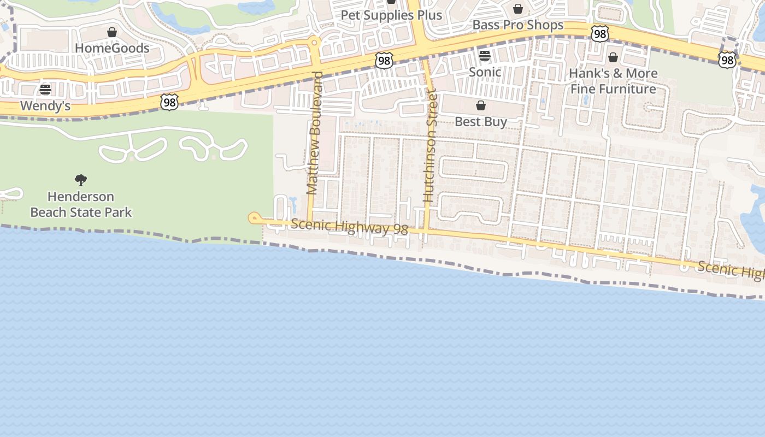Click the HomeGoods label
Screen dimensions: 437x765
(x=112, y=48)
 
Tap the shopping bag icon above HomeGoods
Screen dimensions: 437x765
(x=112, y=32)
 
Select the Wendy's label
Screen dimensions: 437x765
(x=45, y=105)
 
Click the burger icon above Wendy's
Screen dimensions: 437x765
(x=45, y=89)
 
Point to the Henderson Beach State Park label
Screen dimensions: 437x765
(x=81, y=204)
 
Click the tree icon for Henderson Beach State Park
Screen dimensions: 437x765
(x=81, y=180)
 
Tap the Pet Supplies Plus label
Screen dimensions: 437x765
(x=391, y=15)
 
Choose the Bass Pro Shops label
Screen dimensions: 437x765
(x=517, y=25)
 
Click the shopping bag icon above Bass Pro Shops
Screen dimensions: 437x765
(x=518, y=9)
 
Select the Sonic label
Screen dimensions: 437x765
(x=485, y=72)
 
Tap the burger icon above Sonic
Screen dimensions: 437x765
(x=485, y=56)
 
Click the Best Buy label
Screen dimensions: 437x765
(x=481, y=121)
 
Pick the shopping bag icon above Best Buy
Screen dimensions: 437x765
(x=481, y=105)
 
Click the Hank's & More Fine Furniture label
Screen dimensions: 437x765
(x=613, y=81)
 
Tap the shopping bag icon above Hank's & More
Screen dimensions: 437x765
(x=613, y=57)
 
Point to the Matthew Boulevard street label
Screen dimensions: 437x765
(x=314, y=133)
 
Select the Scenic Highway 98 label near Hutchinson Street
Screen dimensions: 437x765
(x=349, y=226)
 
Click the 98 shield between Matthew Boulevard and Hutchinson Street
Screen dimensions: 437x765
(x=384, y=61)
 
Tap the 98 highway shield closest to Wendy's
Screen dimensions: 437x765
(x=169, y=102)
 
